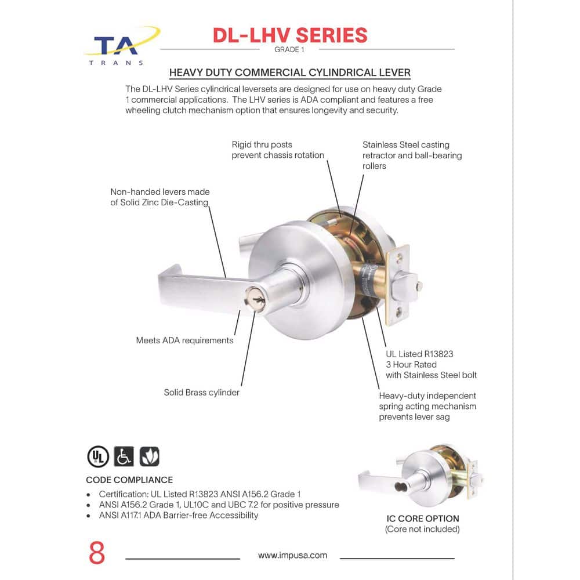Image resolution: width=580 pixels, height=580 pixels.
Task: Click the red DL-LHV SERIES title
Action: pyautogui.click(x=290, y=35)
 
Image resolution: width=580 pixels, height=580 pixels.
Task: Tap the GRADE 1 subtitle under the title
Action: pyautogui.click(x=289, y=49)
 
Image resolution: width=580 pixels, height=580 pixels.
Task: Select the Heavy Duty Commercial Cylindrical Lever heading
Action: pyautogui.click(x=290, y=72)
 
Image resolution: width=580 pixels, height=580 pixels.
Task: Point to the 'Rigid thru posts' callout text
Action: pyautogui.click(x=262, y=144)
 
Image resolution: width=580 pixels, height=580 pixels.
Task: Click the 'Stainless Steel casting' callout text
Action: pyautogui.click(x=406, y=144)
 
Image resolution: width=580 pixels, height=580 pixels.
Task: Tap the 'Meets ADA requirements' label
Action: pyautogui.click(x=184, y=340)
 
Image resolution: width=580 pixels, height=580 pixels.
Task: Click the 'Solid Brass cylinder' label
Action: pyautogui.click(x=202, y=393)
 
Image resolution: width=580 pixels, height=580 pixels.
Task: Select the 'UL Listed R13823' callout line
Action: pyautogui.click(x=419, y=354)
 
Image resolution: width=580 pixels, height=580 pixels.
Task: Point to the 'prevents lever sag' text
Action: pyautogui.click(x=414, y=417)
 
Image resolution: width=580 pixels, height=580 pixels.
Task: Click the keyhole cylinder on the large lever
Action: pyautogui.click(x=256, y=296)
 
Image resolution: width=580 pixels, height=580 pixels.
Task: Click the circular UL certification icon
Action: pyautogui.click(x=98, y=456)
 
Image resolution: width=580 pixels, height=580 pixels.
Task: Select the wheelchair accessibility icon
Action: pyautogui.click(x=124, y=456)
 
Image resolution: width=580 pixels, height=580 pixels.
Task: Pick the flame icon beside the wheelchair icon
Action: pyautogui.click(x=150, y=456)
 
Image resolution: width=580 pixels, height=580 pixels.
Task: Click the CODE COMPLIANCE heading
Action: pyautogui.click(x=129, y=480)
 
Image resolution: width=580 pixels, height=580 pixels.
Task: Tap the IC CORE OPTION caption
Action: pyautogui.click(x=423, y=519)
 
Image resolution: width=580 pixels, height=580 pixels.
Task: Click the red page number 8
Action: pyautogui.click(x=97, y=553)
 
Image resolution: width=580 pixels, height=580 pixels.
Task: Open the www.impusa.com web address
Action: pyautogui.click(x=292, y=555)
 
